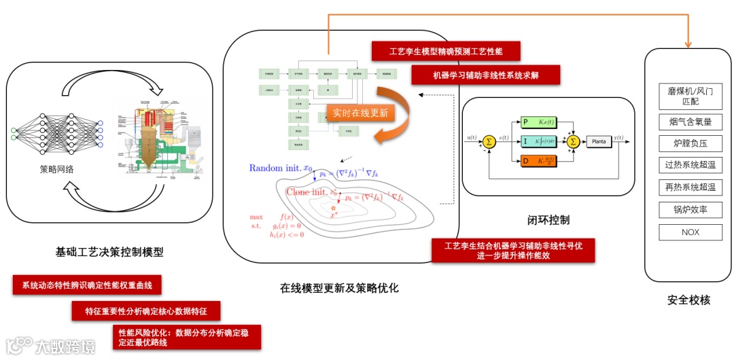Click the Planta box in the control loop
(599, 141)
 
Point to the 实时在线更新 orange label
(360, 113)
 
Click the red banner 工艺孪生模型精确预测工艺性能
(446, 52)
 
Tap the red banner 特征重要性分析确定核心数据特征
(147, 311)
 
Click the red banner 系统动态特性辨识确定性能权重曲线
(86, 285)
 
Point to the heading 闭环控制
(548, 220)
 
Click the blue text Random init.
(275, 168)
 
